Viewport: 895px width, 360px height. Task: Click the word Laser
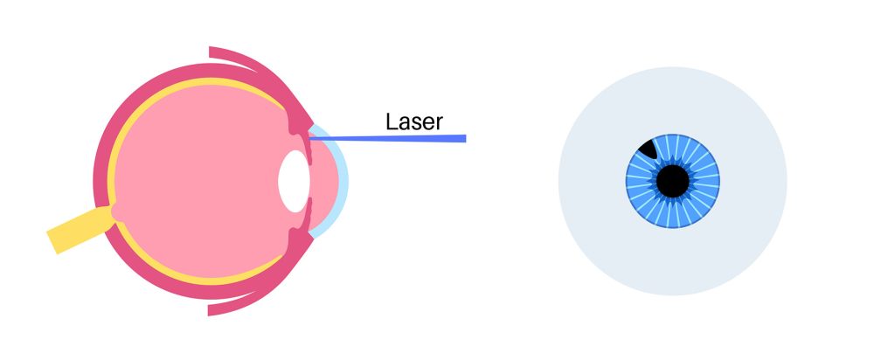click(413, 121)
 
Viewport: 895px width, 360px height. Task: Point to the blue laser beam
click(387, 138)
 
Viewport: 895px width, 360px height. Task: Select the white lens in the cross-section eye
click(294, 182)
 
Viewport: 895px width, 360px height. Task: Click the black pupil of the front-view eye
click(673, 182)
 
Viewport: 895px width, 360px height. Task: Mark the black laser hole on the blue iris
click(648, 149)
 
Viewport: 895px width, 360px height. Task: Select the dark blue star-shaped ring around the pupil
click(673, 162)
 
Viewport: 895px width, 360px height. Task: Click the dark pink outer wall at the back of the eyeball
click(100, 171)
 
